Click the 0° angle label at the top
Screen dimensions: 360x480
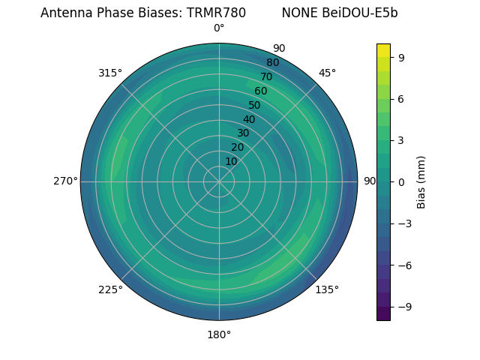tap(219, 28)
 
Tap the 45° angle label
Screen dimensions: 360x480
tap(327, 73)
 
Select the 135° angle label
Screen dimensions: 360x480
tap(327, 289)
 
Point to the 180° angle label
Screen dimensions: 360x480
tap(219, 334)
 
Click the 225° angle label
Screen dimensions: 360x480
tap(110, 290)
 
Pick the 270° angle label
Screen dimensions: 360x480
tap(65, 181)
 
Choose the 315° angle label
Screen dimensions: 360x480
tap(110, 73)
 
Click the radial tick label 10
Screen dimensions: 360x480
tap(231, 162)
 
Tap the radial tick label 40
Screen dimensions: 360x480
tap(249, 119)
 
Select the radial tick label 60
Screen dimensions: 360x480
tap(260, 91)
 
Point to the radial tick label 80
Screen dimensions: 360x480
tap(272, 63)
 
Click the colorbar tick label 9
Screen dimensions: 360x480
tap(402, 57)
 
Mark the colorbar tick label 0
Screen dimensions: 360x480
tap(402, 181)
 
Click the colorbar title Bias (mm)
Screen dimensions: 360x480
tap(421, 181)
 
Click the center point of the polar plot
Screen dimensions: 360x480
tap(219, 181)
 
